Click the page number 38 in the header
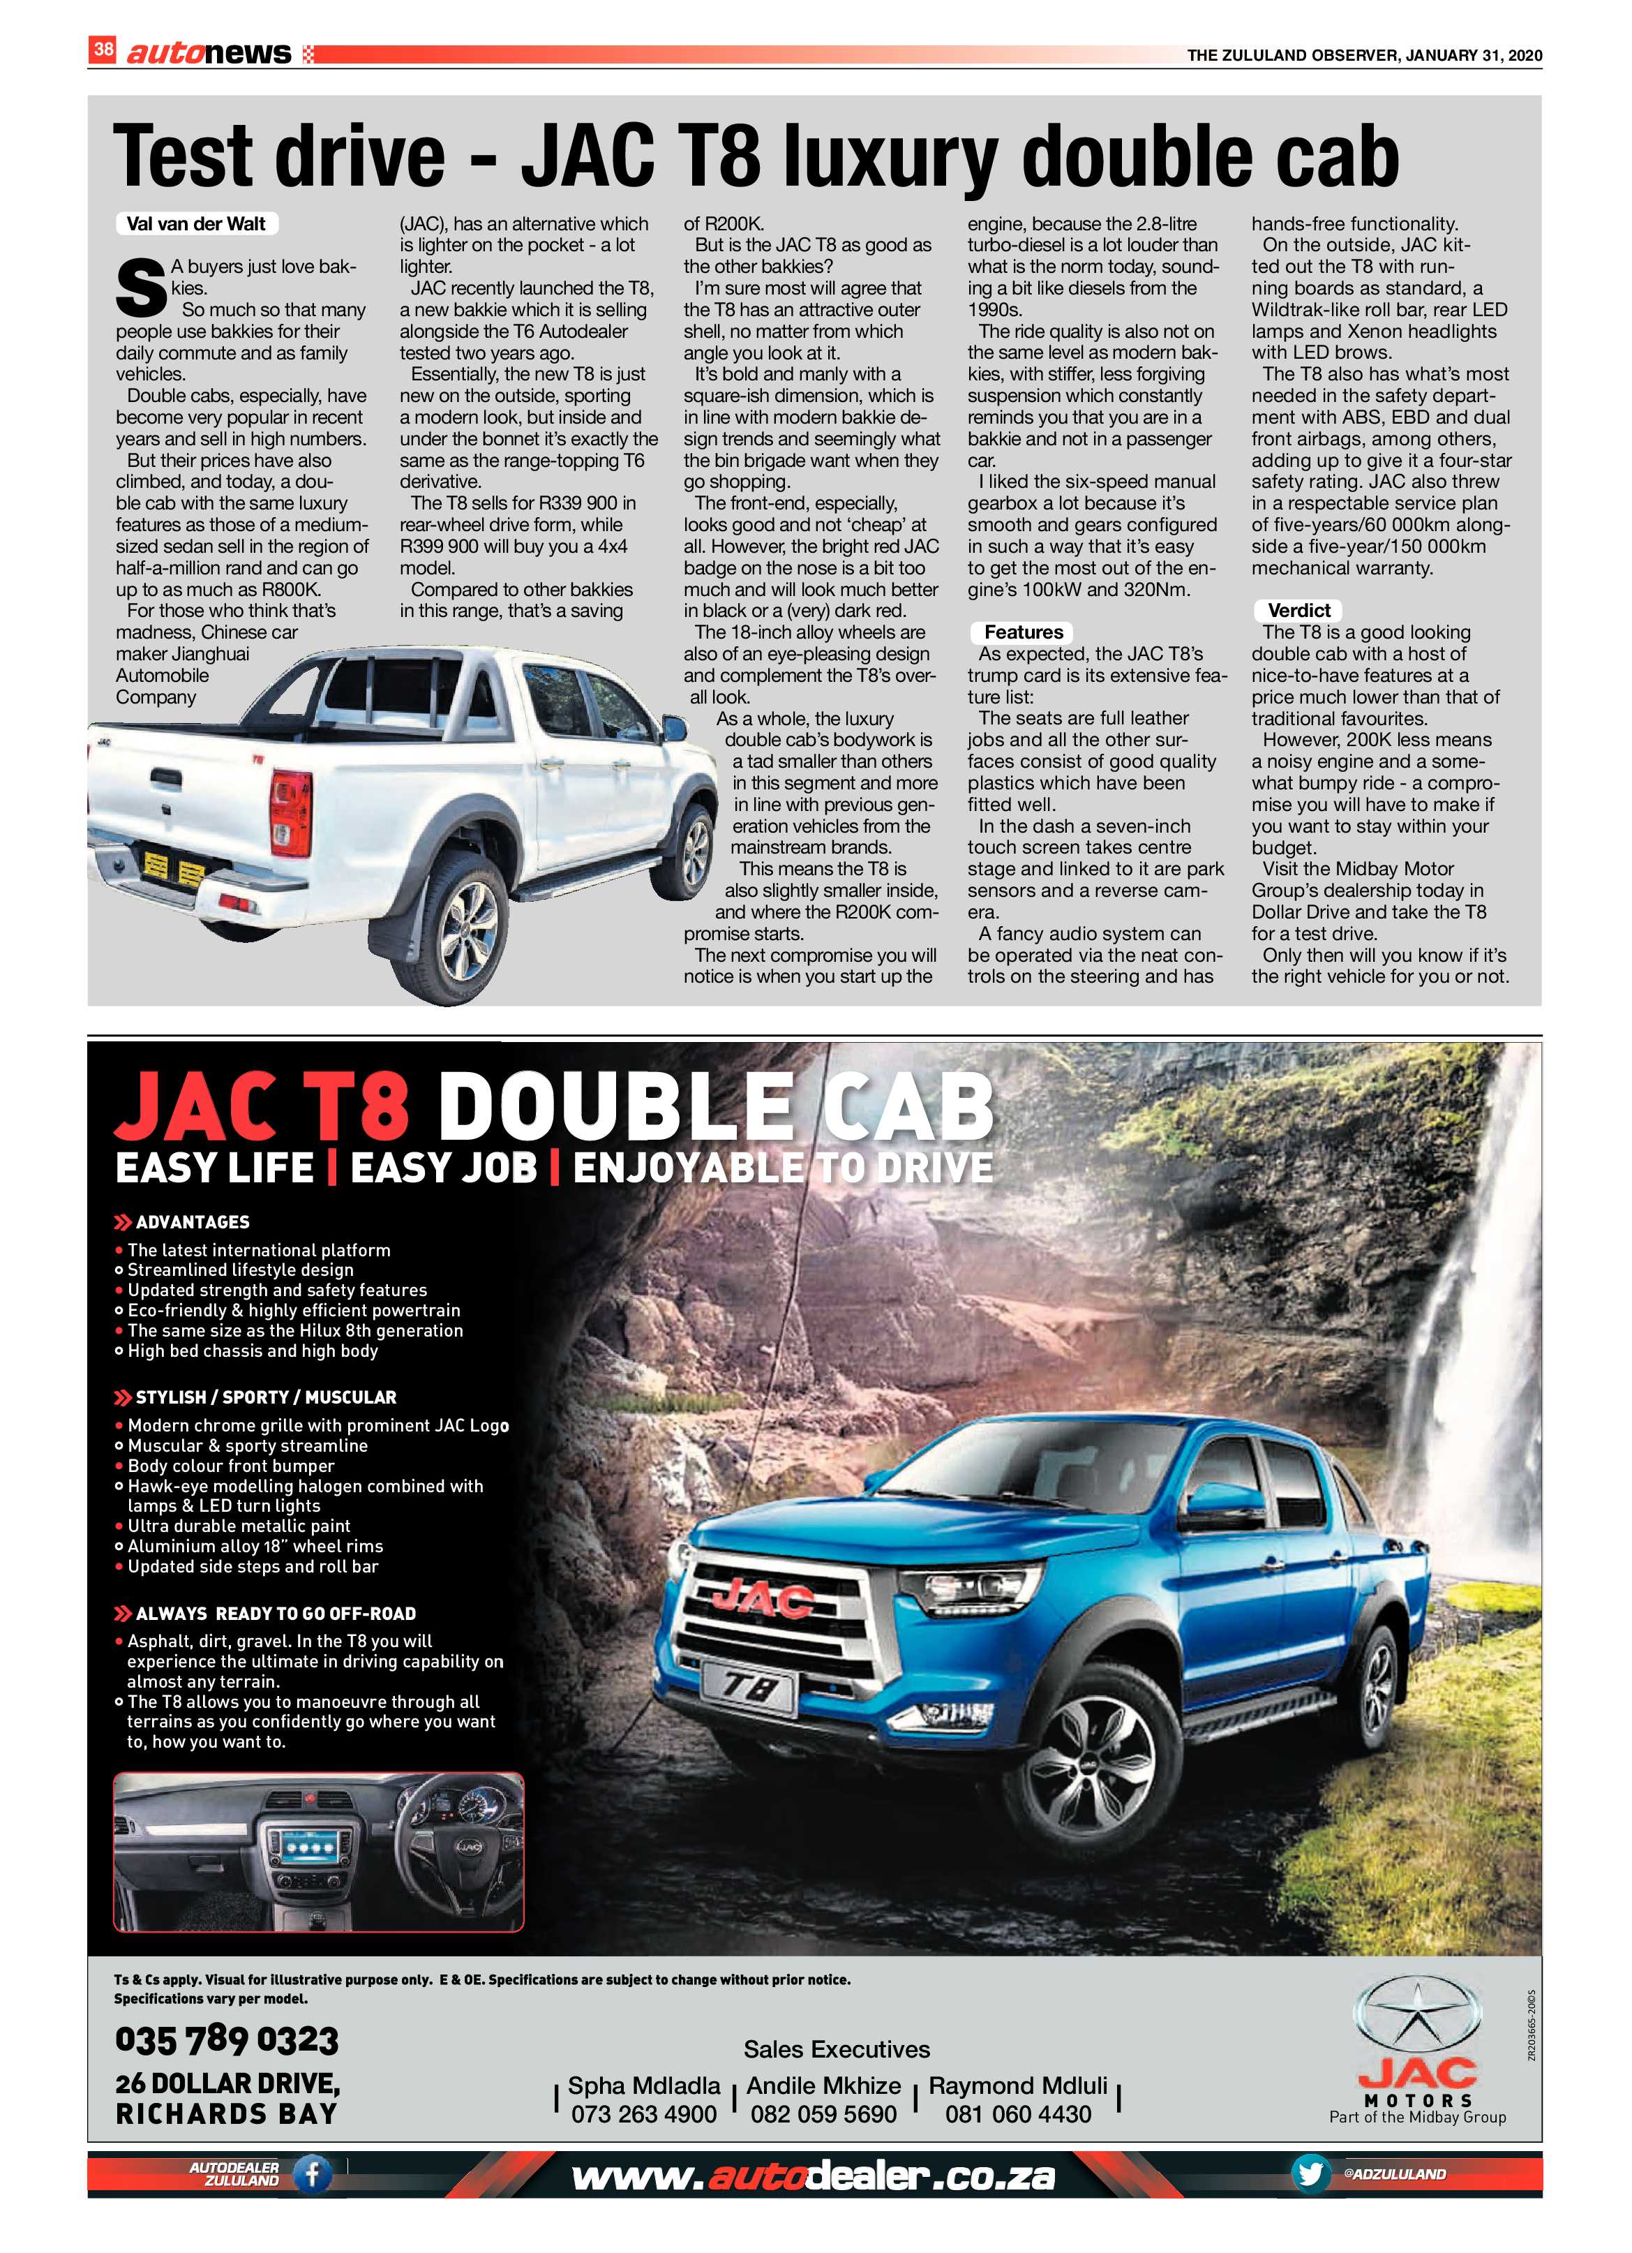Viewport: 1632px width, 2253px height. coord(103,49)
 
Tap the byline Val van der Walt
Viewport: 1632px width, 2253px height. coord(195,223)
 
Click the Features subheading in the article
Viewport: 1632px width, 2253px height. coord(1023,632)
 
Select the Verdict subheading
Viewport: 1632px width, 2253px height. coord(1298,610)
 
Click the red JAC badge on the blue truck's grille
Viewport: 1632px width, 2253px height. coord(762,1598)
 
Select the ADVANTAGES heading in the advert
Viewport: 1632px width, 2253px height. coord(192,1222)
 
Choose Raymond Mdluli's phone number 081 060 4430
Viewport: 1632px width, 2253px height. coord(1018,2114)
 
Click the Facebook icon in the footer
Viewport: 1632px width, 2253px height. coord(312,2175)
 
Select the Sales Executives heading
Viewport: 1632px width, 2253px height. coord(837,2049)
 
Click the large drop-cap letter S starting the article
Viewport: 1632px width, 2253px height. coord(140,287)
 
